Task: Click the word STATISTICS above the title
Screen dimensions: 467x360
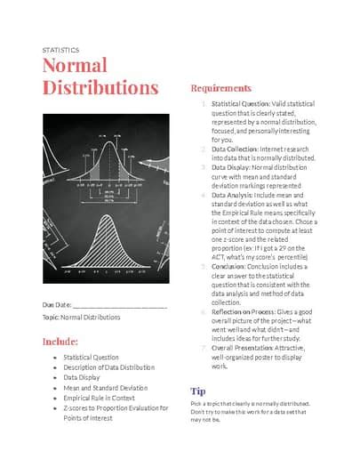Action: (60, 50)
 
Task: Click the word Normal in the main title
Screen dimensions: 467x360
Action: (75, 67)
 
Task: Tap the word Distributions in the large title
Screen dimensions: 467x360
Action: (100, 88)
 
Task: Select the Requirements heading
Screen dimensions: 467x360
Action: (221, 88)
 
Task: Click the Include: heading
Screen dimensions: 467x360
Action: (60, 342)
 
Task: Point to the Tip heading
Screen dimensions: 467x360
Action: (198, 390)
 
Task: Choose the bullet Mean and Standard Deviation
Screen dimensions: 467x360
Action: (105, 388)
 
